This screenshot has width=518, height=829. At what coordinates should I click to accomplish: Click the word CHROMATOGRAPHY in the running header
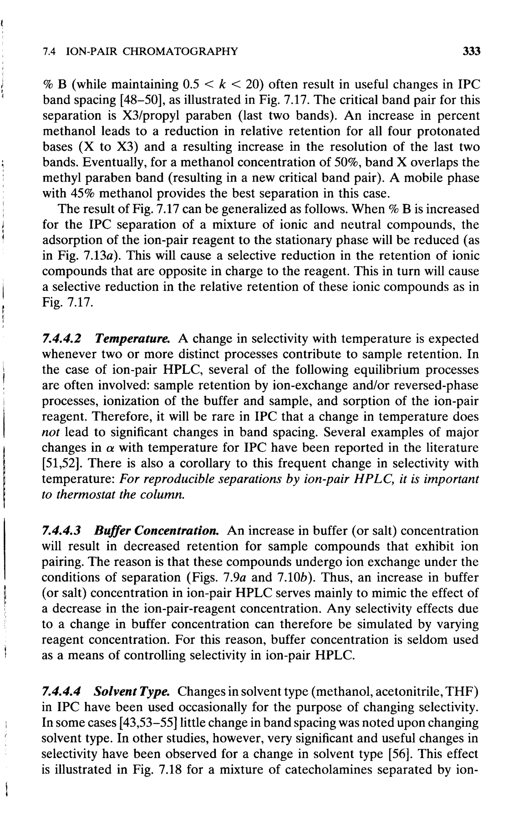click(x=180, y=51)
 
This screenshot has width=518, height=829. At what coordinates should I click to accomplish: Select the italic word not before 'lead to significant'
click(x=51, y=432)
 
